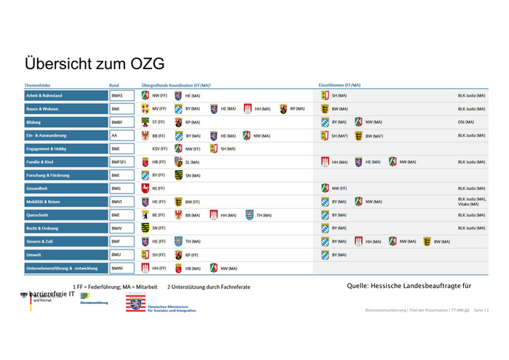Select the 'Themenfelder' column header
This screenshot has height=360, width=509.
pos(40,85)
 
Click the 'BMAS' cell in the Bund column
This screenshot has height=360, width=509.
pos(117,95)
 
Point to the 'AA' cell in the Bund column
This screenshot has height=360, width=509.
pos(114,135)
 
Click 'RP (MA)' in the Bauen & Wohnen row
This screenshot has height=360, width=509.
pos(297,109)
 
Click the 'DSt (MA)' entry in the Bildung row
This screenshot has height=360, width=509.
pos(466,122)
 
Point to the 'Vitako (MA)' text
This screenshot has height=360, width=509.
pos(469,204)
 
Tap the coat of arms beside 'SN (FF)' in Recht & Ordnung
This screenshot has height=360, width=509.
pos(145,228)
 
